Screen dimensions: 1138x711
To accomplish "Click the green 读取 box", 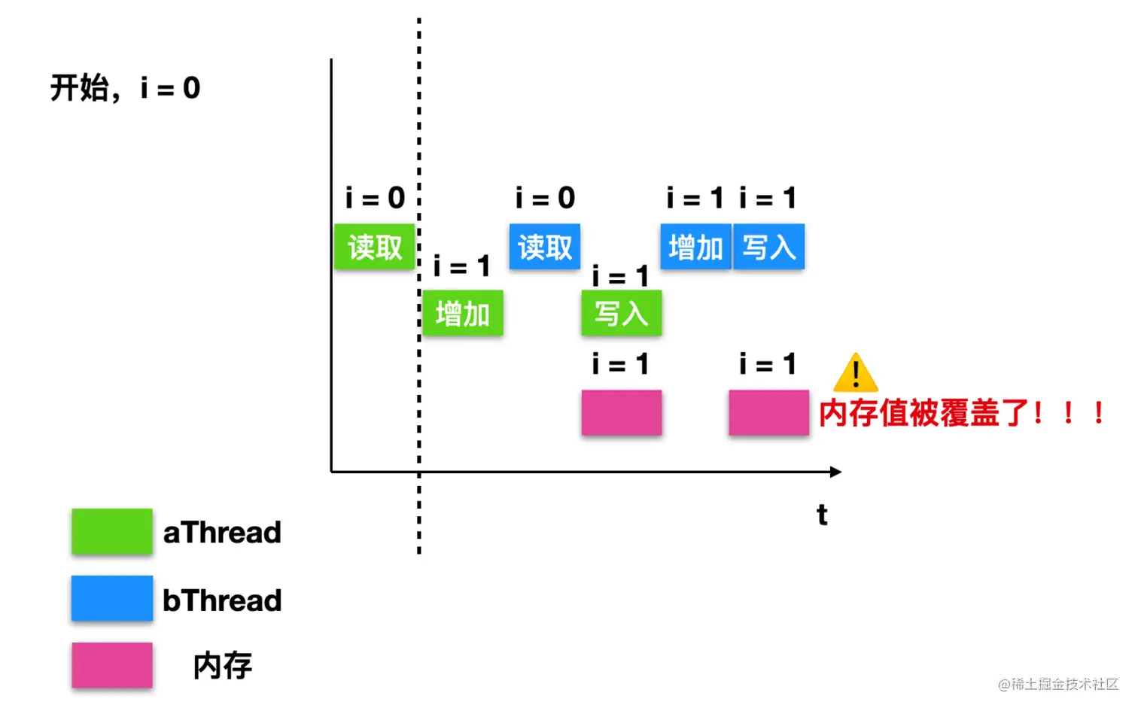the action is click(x=374, y=246).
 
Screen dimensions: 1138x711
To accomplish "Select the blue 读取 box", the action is click(x=545, y=246).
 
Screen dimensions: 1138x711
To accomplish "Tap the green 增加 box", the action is click(x=463, y=313).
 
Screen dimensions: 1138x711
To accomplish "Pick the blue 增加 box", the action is click(x=696, y=246).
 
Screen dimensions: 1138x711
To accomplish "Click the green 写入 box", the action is click(x=622, y=313).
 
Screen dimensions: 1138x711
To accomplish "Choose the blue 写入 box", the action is click(x=768, y=246).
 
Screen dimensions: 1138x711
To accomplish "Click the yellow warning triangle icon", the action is click(x=856, y=373).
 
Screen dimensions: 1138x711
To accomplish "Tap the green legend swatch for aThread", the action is click(x=111, y=531).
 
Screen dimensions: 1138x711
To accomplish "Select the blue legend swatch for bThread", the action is click(x=111, y=598).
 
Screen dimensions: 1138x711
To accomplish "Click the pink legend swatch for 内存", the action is click(x=111, y=665).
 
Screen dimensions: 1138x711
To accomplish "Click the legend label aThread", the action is click(x=222, y=532).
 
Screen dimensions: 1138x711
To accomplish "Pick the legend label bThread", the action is click(x=222, y=600).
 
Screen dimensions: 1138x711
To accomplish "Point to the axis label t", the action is click(x=822, y=515).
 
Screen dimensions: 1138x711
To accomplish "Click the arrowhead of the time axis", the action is click(x=835, y=472).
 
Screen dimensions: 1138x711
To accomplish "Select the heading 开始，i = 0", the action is click(x=125, y=88).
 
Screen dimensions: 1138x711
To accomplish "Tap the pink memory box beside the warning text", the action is click(x=768, y=412).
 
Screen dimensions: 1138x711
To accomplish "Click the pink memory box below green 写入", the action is click(x=622, y=412).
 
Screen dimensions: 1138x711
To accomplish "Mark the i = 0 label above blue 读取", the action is click(x=545, y=197).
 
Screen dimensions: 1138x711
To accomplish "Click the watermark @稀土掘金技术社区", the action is click(x=1058, y=685).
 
